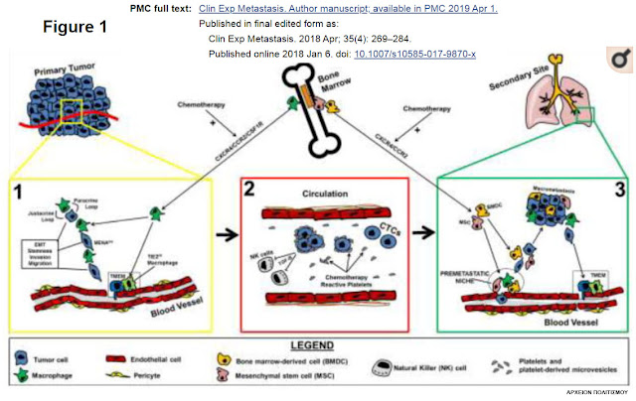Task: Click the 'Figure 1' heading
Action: coord(74,26)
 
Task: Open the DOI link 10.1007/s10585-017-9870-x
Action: coord(415,53)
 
